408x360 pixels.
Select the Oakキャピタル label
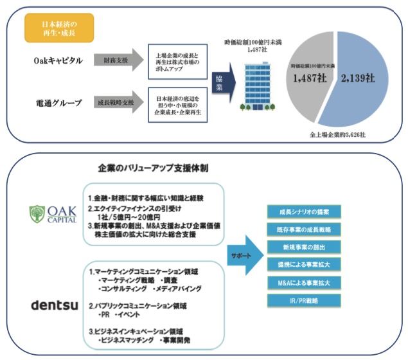(x=58, y=60)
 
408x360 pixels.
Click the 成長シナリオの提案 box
(x=305, y=211)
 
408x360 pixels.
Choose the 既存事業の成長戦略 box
(x=305, y=229)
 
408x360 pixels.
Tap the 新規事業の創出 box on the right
(x=305, y=247)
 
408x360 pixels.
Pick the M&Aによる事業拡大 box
(x=305, y=282)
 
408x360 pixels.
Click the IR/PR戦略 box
(x=305, y=300)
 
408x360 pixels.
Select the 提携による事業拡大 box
(x=305, y=264)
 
